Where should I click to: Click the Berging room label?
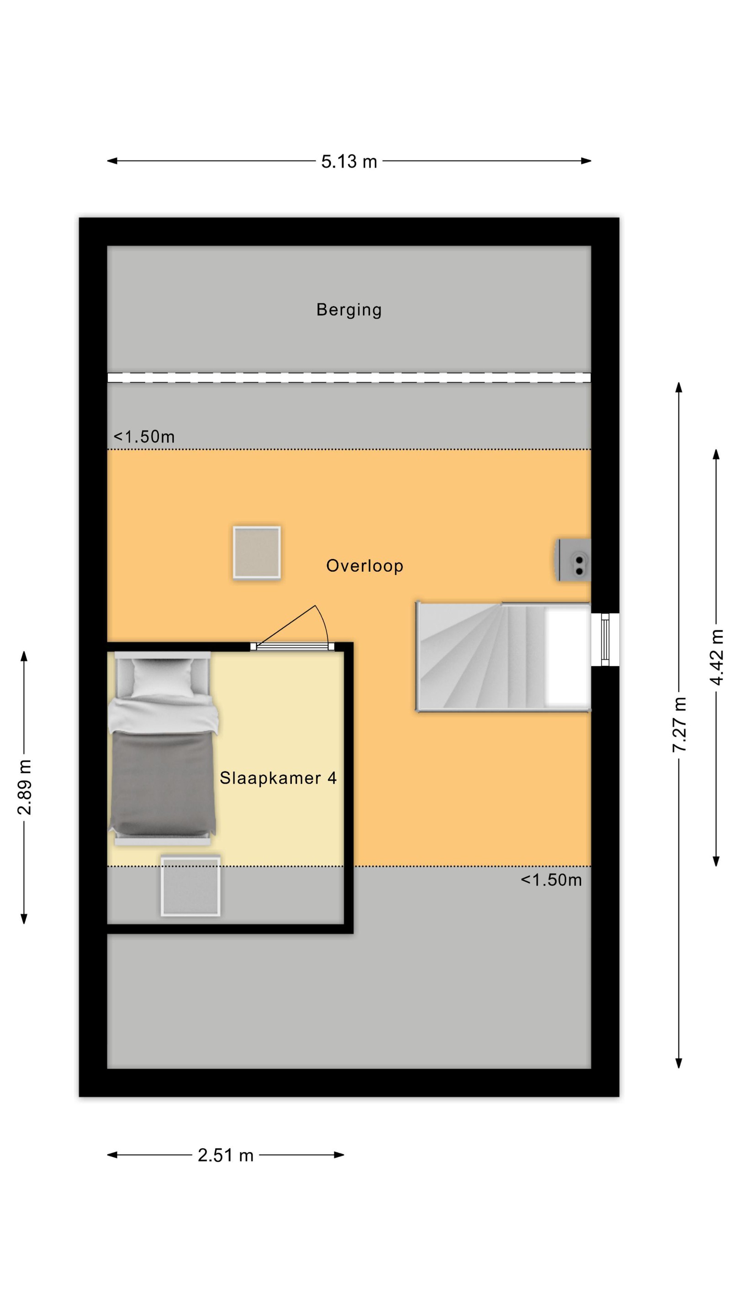349,310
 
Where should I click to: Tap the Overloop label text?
365,566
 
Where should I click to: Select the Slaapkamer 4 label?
278,778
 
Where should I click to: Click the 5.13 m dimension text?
349,161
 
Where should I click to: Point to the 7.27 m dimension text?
679,724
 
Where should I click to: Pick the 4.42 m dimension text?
717,658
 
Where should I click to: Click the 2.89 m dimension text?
24,787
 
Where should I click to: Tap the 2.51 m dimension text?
226,1155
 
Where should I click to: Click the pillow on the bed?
163,676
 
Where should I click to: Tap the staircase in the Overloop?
503,657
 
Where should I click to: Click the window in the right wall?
605,640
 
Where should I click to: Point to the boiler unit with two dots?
572,560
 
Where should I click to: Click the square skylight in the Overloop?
257,552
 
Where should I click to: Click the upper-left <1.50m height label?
144,437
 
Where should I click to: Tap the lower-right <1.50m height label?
551,880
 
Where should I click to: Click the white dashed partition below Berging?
349,377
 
